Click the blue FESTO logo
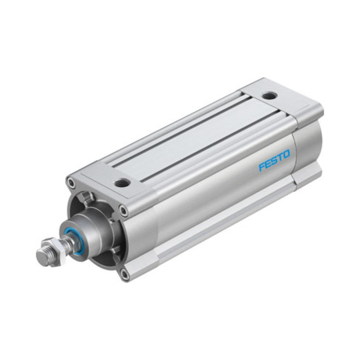pyautogui.click(x=274, y=160)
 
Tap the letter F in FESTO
pyautogui.click(x=262, y=167)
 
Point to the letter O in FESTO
pyautogui.click(x=287, y=154)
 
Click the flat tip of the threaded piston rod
pyautogui.click(x=42, y=256)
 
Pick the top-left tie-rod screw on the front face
pyautogui.click(x=71, y=182)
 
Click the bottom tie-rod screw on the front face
pyautogui.click(x=125, y=274)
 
